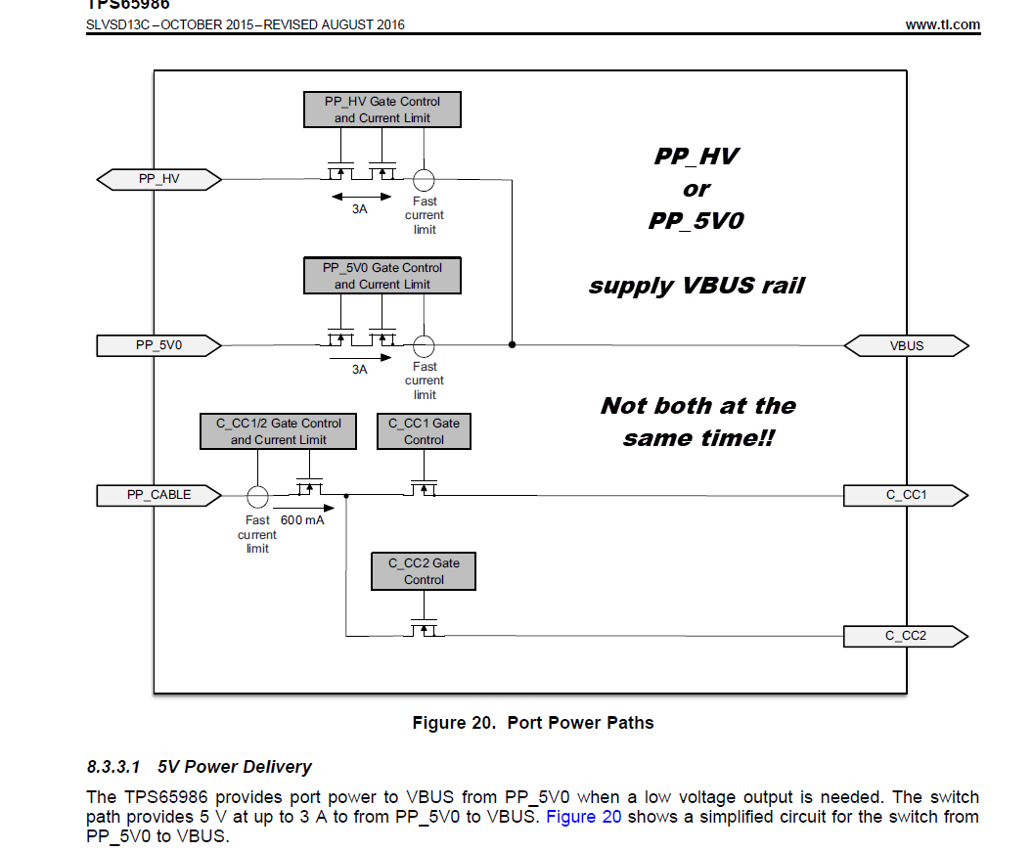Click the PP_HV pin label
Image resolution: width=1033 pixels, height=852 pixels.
tap(159, 179)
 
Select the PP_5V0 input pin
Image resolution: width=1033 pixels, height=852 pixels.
tap(159, 345)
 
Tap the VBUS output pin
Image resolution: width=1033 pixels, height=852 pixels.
tap(906, 345)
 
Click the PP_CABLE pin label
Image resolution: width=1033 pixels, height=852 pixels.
tap(158, 495)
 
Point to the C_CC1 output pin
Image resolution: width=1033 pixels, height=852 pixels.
tap(906, 495)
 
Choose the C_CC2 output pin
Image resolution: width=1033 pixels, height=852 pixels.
tap(906, 637)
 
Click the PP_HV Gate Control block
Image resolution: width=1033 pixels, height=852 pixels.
tap(382, 110)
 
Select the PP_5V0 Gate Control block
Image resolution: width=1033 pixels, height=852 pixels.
tap(382, 276)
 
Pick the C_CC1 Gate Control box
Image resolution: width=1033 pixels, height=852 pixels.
tap(424, 431)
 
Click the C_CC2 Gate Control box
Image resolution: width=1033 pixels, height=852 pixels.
tap(424, 571)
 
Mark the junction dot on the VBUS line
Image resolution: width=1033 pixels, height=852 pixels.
tap(512, 345)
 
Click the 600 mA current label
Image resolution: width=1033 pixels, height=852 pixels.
tap(303, 520)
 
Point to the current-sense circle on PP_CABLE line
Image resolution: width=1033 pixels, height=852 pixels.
tap(257, 495)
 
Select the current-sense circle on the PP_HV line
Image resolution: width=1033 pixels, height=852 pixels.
tap(424, 180)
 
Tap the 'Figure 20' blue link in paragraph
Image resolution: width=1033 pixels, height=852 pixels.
tap(583, 817)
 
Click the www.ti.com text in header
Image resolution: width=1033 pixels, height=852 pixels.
tap(943, 24)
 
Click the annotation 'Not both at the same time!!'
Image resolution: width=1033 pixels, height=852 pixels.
tap(698, 422)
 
